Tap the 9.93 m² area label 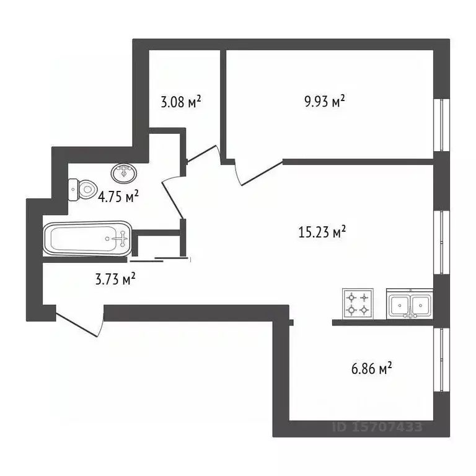[x=324, y=101]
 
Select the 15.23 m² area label [x=322, y=232]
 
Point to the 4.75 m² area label [x=118, y=197]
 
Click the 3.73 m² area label [x=115, y=280]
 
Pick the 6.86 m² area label [x=371, y=369]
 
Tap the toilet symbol [x=82, y=188]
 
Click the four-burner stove [x=358, y=304]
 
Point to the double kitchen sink [x=410, y=304]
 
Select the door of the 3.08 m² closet [x=202, y=155]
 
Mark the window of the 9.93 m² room [x=441, y=124]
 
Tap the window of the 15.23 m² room [x=441, y=242]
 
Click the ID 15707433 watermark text [x=377, y=427]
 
